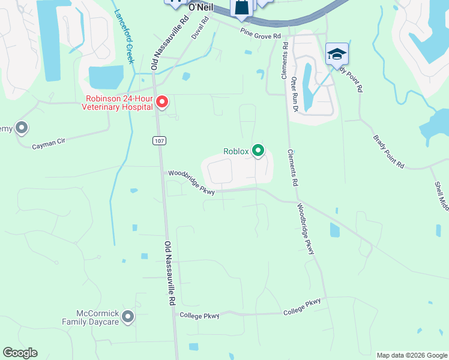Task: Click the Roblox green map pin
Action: tap(258, 150)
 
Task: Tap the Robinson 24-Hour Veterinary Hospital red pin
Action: tap(161, 103)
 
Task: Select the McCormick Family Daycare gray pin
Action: tap(127, 316)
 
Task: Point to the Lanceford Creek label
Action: tap(125, 36)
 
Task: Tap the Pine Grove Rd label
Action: tap(261, 33)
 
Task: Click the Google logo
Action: tap(20, 353)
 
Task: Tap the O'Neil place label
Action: tap(201, 7)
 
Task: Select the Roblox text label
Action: tap(235, 151)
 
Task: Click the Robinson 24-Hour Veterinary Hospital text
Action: tap(118, 103)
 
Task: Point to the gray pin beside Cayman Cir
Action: tap(22, 128)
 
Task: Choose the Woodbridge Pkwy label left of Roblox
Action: tap(191, 182)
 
